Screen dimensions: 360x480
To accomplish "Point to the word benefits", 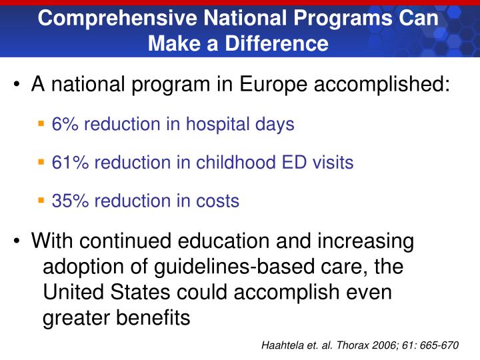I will (x=150, y=319).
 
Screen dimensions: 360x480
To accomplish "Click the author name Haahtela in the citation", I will (x=285, y=346).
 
